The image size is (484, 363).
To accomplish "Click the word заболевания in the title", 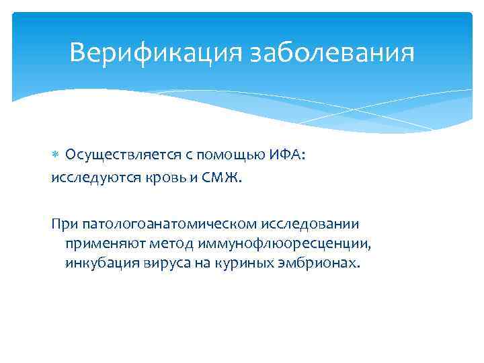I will pos(332,52).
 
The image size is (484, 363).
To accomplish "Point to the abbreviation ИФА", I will pos(287,155).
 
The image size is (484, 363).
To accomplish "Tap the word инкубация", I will pos(100,262).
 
